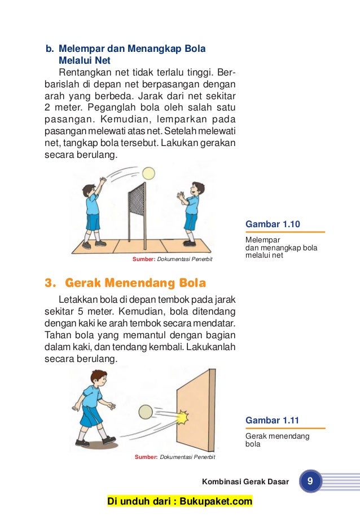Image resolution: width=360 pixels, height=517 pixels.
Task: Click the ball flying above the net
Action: click(149, 173)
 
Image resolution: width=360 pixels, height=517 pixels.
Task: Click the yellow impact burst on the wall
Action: click(182, 417)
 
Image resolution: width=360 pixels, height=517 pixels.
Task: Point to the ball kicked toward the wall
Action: click(146, 412)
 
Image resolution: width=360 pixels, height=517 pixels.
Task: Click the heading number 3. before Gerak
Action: click(51, 282)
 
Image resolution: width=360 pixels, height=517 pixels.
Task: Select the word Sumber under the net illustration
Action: click(143, 259)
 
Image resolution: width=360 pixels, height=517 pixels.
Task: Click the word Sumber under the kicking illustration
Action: click(146, 457)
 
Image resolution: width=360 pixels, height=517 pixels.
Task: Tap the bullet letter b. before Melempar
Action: click(50, 49)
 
